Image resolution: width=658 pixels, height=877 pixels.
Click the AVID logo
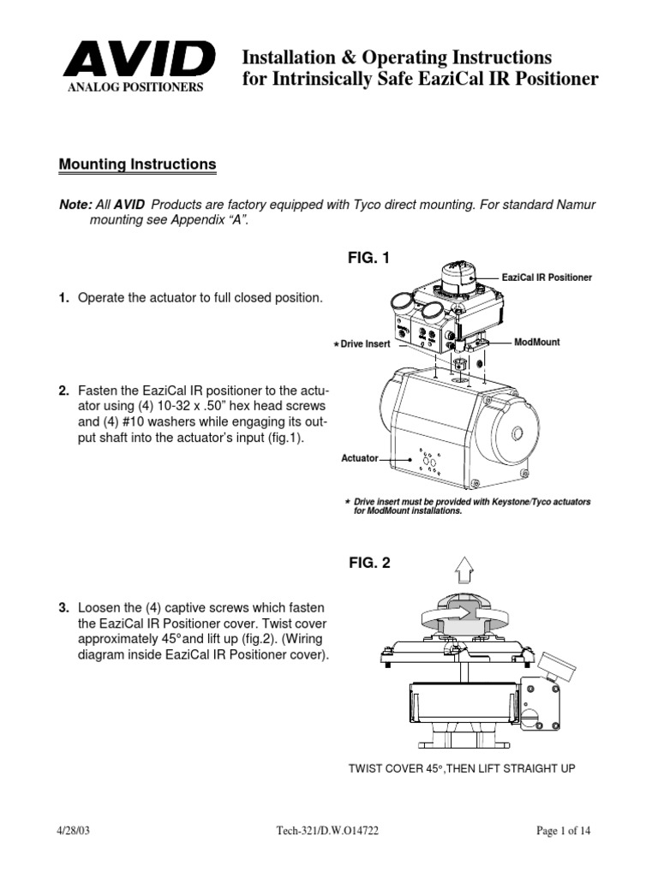pos(138,61)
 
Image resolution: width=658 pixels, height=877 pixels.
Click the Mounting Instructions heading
pos(137,164)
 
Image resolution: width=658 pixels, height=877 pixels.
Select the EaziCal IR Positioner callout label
pos(547,277)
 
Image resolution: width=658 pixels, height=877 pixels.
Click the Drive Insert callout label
pos(364,343)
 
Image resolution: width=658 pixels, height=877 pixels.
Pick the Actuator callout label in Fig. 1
pos(360,458)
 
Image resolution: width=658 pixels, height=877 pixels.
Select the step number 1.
pos(63,298)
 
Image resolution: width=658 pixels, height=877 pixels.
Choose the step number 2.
pos(63,391)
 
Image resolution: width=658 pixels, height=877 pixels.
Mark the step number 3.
pos(63,608)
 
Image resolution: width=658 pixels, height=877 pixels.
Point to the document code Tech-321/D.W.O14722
pos(317,831)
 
